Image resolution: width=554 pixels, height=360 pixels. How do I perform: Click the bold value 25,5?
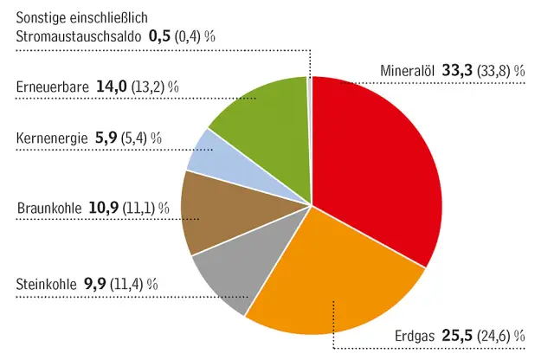click(457, 336)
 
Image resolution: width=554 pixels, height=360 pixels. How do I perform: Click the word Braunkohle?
click(49, 209)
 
